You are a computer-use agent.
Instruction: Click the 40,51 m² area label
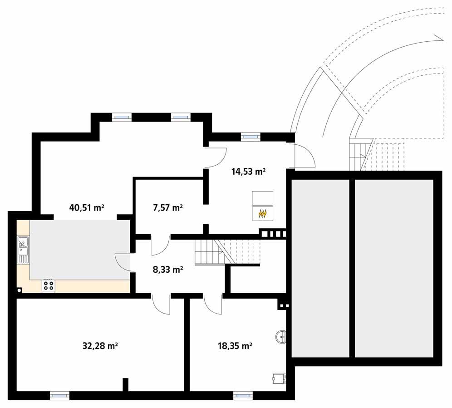click(x=87, y=208)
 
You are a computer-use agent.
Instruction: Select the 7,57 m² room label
click(x=168, y=208)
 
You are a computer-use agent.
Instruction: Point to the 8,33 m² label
click(x=168, y=269)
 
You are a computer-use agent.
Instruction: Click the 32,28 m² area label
click(x=100, y=346)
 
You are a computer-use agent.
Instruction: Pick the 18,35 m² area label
click(x=235, y=346)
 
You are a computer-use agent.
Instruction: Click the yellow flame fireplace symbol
click(x=262, y=214)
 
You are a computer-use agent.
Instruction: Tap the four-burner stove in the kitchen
click(x=49, y=285)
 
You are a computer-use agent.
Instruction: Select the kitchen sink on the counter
click(x=23, y=250)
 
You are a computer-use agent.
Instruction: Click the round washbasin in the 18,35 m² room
click(x=281, y=336)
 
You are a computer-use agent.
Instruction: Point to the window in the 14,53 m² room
click(x=250, y=135)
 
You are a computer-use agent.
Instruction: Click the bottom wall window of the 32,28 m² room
click(x=59, y=396)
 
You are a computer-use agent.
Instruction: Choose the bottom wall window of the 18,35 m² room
click(x=243, y=396)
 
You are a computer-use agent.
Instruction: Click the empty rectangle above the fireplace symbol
click(x=262, y=198)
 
